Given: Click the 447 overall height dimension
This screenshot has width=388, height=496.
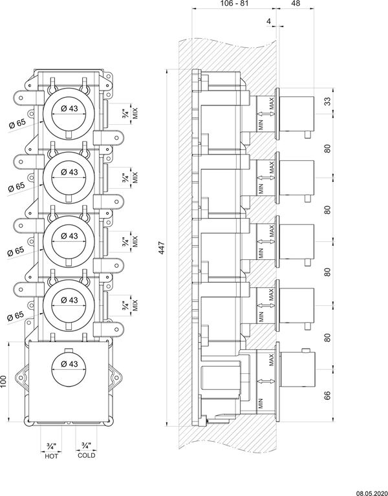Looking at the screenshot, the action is pos(162,248).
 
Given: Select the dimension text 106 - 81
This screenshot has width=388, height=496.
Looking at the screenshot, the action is pos(234,3).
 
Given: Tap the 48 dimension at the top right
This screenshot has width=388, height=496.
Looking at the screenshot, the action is pos(295,3).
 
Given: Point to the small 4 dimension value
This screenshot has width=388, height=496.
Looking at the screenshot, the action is pos(269,21).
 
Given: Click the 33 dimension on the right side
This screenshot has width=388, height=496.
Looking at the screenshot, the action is pos(328,102).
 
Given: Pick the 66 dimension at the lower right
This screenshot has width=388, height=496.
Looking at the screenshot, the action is pos(328,395).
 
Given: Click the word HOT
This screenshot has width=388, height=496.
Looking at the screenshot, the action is pos(51,456).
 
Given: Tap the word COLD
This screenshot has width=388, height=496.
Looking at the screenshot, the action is pos(86,455).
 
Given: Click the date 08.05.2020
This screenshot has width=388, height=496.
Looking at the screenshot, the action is pos(372,493).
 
